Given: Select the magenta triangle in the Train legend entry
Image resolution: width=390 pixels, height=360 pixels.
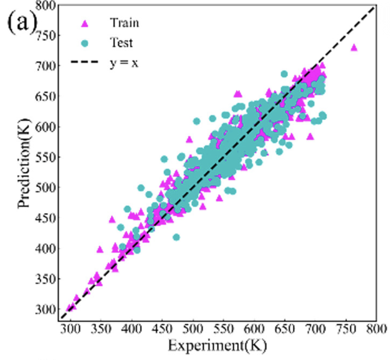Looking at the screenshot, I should coord(85,22).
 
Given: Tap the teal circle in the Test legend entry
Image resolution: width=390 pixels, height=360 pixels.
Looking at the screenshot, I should coord(85,43).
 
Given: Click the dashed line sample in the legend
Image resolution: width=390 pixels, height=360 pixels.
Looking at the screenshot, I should coord(85,62).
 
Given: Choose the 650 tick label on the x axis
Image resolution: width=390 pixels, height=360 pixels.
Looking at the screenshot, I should coord(285,327).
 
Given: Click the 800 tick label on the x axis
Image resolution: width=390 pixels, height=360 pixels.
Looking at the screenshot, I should coord(376,327).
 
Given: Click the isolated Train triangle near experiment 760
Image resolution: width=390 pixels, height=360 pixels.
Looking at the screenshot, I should coord(354,47).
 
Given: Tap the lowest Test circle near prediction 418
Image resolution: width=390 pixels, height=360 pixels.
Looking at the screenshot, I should coord(176,237).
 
